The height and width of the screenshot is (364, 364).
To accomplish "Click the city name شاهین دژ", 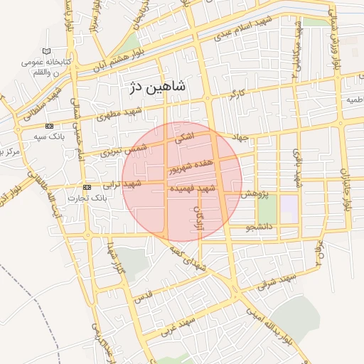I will (157, 87).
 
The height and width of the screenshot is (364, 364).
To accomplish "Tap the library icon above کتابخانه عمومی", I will (47, 52).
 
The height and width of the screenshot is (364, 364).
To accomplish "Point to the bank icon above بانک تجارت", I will (87, 187).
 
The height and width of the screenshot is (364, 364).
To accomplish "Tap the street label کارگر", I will (237, 94).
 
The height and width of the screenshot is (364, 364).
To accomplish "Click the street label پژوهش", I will (253, 193).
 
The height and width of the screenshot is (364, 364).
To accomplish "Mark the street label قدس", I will (143, 294).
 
